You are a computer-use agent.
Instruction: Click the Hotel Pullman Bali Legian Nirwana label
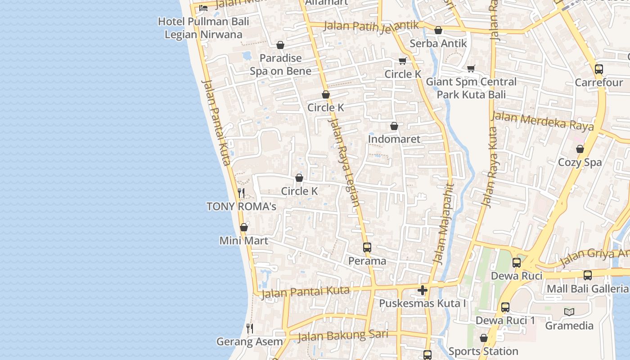point(203,28)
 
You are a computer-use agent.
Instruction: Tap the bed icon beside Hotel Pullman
point(203,8)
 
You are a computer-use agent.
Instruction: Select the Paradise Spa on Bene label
point(281,64)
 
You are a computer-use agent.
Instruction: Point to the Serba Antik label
point(438,44)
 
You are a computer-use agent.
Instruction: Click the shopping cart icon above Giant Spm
point(471,68)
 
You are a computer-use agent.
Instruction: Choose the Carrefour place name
point(599,83)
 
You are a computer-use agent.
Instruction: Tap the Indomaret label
point(394,139)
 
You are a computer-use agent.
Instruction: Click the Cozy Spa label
point(580,162)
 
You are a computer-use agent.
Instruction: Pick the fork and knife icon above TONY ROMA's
point(241,193)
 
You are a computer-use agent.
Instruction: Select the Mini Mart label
point(243,241)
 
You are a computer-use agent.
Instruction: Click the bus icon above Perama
point(367,247)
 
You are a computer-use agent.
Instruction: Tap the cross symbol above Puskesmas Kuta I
point(422,290)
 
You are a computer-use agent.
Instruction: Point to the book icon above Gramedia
point(569,312)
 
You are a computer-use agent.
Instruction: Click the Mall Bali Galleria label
point(587,288)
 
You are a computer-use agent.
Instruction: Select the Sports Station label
point(483,351)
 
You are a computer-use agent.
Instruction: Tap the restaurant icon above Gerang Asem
point(250,328)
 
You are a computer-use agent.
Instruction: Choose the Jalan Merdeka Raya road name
point(542,121)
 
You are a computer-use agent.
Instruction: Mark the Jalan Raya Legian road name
point(344,162)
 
